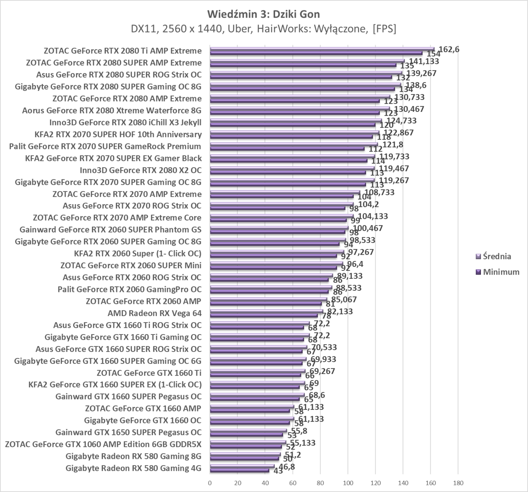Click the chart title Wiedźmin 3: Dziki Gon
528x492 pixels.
coord(263,14)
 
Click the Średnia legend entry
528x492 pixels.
coord(497,257)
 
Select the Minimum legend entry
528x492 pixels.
coord(501,272)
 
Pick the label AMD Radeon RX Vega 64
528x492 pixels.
coord(155,313)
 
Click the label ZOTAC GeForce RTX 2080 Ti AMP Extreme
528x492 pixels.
coord(123,51)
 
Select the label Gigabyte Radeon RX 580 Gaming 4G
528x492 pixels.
coord(134,468)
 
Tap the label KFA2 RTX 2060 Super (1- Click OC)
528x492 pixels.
coord(138,254)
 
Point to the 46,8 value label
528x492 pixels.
coord(287,467)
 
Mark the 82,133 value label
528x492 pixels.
coord(340,312)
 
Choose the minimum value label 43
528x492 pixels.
coord(278,471)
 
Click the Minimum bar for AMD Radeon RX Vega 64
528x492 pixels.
coord(264,316)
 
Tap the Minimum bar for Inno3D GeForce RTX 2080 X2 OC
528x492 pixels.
coord(288,173)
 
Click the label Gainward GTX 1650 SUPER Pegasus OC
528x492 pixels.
coord(129,432)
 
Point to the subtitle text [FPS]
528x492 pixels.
coord(384,29)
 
